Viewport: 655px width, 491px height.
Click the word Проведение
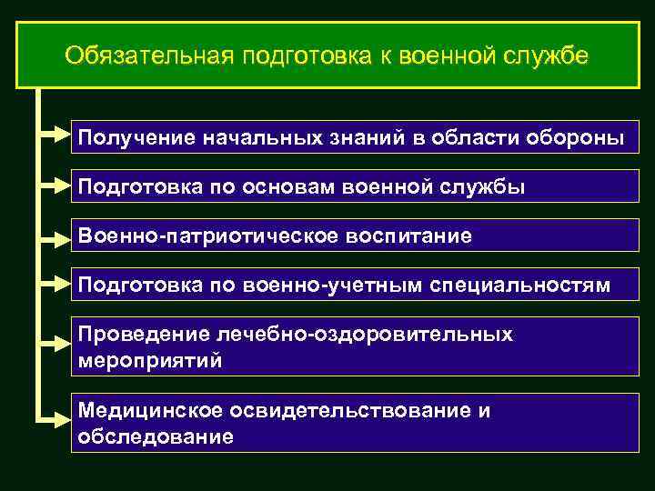[x=136, y=336]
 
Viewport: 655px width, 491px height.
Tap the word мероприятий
[x=149, y=360]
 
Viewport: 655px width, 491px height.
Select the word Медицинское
[x=145, y=411]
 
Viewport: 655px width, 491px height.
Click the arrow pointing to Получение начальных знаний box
[x=55, y=137]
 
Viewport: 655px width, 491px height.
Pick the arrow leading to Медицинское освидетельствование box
[x=55, y=418]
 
